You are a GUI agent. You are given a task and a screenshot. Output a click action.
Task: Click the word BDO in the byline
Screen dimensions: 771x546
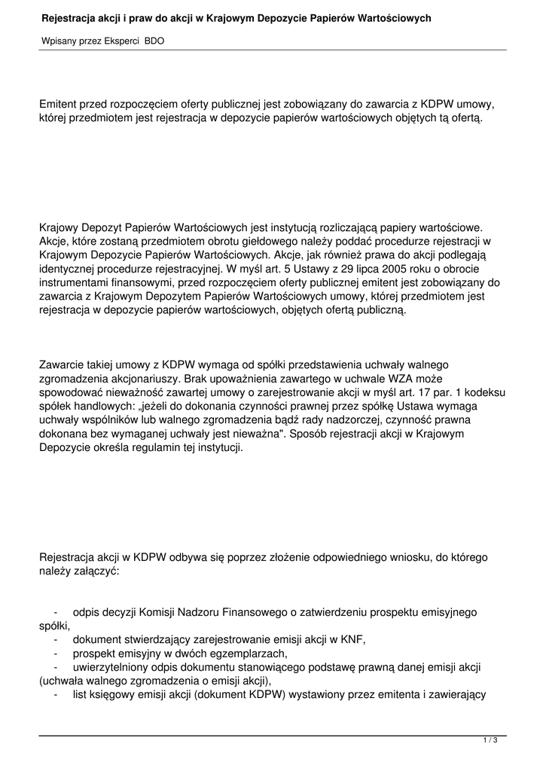coord(154,41)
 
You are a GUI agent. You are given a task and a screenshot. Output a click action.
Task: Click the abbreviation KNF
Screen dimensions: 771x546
coord(352,639)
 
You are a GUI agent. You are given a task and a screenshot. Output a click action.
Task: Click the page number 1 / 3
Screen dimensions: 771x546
coord(490,741)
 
